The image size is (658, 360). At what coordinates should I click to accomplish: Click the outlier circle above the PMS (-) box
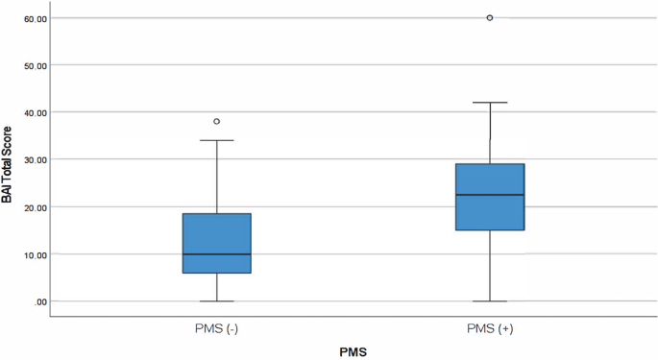click(216, 122)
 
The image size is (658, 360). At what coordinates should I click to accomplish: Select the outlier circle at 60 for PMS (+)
click(490, 18)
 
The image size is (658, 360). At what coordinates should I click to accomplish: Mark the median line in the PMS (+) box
click(490, 195)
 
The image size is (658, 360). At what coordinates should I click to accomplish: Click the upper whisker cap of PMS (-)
click(216, 141)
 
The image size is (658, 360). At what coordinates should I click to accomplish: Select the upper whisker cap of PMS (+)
click(490, 103)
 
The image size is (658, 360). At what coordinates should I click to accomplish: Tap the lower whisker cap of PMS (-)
click(216, 301)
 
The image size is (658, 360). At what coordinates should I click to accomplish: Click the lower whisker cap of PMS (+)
click(490, 301)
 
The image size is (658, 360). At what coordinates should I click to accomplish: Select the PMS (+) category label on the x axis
click(490, 328)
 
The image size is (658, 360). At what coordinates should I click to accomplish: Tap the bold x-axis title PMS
click(353, 351)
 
